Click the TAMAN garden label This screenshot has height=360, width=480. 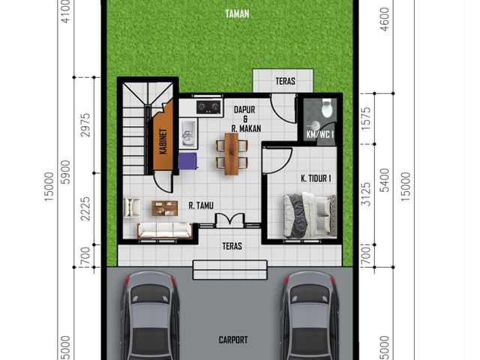[237, 13]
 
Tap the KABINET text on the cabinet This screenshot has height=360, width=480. [163, 141]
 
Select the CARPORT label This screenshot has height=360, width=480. [233, 340]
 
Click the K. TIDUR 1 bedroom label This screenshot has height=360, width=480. [316, 178]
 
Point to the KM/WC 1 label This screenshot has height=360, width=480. [320, 134]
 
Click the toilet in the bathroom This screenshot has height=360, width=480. [327, 108]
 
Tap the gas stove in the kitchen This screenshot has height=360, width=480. [208, 106]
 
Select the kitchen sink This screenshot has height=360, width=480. [188, 133]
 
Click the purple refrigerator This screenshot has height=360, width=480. [188, 161]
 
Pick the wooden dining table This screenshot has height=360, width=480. [232, 154]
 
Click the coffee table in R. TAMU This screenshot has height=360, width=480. [165, 208]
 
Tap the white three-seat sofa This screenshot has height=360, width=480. [165, 230]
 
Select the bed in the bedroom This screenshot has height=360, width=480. [310, 215]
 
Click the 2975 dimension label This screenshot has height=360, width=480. [85, 125]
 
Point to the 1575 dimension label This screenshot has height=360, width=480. [366, 118]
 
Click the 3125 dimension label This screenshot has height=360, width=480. [366, 194]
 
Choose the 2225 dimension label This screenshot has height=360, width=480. [85, 208]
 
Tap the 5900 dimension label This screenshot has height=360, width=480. [65, 172]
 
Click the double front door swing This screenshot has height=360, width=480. [230, 219]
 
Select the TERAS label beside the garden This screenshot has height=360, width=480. [285, 81]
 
